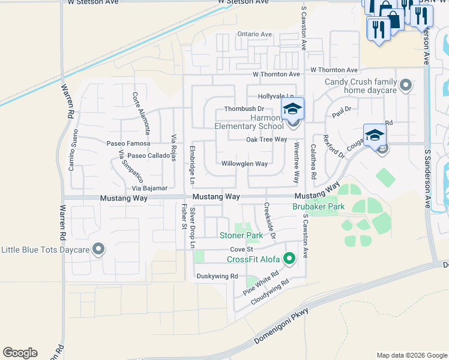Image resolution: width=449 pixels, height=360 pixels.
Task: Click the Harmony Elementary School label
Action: click(x=249, y=122)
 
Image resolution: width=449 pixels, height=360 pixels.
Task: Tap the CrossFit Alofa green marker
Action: click(x=289, y=259)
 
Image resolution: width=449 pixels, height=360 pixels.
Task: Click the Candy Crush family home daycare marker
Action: click(x=406, y=86)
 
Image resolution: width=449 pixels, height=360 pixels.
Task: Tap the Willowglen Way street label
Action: click(x=244, y=164)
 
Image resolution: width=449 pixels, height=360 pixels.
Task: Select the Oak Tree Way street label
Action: click(x=266, y=140)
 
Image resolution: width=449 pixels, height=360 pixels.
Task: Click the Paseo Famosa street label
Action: click(x=128, y=144)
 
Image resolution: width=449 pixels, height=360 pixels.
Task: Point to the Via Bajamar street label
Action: click(x=146, y=188)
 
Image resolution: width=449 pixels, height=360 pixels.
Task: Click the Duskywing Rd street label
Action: click(x=217, y=276)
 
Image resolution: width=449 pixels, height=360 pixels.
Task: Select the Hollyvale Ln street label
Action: click(x=276, y=96)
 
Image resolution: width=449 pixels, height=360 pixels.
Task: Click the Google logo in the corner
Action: click(x=20, y=353)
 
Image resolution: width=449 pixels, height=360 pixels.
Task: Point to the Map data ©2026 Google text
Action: click(x=411, y=355)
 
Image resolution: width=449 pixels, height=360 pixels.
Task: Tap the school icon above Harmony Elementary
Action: click(x=292, y=109)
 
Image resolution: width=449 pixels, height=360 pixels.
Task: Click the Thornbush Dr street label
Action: click(x=244, y=109)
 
